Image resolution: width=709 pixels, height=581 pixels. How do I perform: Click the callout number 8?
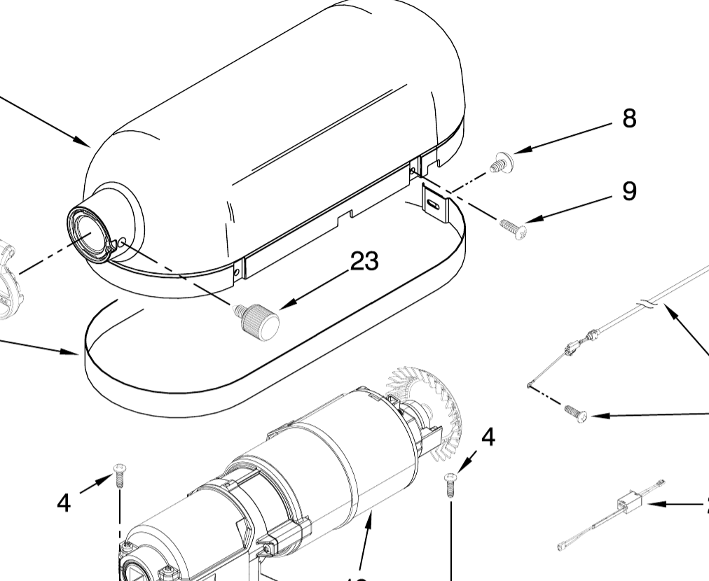click(629, 119)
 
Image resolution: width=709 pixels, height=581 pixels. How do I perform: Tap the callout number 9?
click(629, 190)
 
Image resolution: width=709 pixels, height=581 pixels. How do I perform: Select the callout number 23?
click(364, 261)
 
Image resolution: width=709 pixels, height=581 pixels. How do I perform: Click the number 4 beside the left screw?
click(64, 502)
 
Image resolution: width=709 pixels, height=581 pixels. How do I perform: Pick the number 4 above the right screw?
click(488, 437)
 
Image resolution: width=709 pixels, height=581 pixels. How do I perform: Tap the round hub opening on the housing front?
click(89, 232)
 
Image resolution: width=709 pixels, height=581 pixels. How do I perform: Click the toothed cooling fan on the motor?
click(424, 406)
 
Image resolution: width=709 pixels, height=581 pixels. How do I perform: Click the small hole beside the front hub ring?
click(123, 242)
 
